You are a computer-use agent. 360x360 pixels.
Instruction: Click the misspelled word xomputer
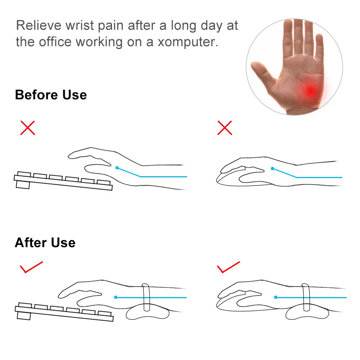tap(188, 42)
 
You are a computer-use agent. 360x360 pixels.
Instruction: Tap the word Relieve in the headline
tap(39, 25)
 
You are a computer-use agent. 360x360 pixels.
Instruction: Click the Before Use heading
tap(51, 95)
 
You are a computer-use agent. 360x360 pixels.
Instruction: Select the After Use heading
tap(45, 242)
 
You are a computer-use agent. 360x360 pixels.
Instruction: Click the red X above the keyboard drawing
tap(28, 128)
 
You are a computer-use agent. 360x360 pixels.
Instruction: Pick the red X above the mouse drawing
tap(224, 128)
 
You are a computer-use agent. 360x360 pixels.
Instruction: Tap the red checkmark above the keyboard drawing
tap(31, 267)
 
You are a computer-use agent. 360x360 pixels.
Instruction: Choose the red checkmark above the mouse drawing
tap(228, 267)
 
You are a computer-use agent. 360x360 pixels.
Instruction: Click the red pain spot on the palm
tap(311, 91)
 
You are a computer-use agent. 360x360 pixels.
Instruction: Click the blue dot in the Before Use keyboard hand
tap(117, 168)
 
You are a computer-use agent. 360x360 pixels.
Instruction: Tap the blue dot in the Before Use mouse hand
tap(273, 169)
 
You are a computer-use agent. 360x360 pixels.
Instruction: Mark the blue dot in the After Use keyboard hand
tap(116, 297)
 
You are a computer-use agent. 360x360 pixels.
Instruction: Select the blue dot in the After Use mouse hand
tap(276, 297)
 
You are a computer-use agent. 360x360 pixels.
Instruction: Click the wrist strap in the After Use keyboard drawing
tap(146, 297)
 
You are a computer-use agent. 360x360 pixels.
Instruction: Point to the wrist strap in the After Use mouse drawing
tap(306, 297)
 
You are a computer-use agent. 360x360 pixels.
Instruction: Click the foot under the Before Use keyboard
tap(23, 185)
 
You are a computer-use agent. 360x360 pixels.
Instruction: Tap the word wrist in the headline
tap(80, 25)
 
